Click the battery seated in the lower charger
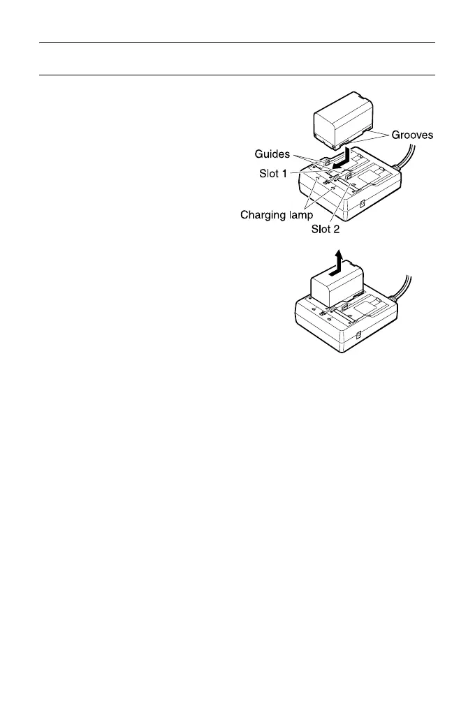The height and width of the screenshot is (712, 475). point(337,287)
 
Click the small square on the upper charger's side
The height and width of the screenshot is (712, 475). point(363,205)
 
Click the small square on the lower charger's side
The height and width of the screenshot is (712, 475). point(357,337)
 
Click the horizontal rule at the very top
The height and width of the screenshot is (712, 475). point(237,43)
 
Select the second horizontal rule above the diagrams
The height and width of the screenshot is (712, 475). point(237,75)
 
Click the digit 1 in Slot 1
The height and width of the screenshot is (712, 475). point(285,172)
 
